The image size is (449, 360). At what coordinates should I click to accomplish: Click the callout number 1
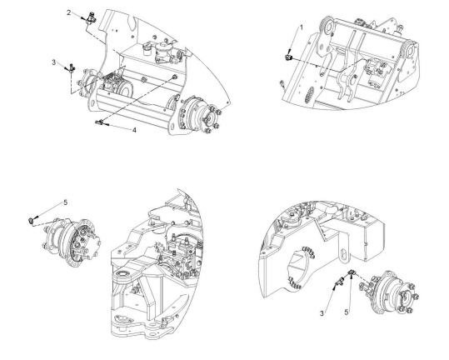tap(302, 27)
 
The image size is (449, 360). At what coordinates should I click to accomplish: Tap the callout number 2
tap(68, 12)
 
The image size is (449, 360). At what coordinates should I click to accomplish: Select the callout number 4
tap(134, 130)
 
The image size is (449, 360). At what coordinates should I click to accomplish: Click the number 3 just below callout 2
tap(53, 62)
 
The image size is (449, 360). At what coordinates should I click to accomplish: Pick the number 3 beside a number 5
tap(322, 313)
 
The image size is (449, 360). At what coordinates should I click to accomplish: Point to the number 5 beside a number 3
tap(347, 312)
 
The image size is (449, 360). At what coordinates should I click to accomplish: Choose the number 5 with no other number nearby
tap(66, 202)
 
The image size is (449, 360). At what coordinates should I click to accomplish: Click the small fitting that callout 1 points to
tap(288, 57)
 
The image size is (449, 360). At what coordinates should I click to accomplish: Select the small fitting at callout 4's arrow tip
tap(99, 122)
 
